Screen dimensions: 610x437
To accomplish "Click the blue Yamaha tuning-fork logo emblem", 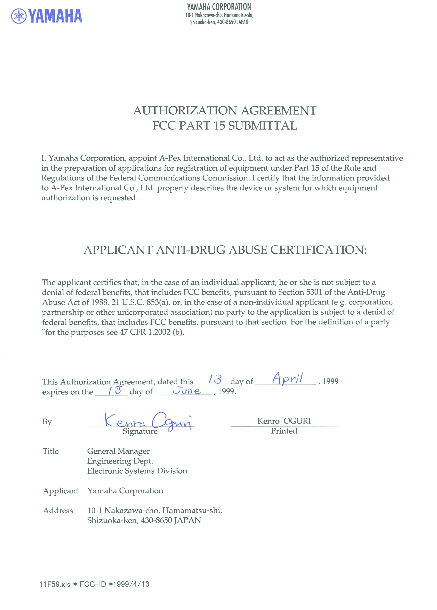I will tap(19, 16).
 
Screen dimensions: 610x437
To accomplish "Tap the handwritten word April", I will tap(287, 379).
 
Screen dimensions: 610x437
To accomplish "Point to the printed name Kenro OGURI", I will tap(284, 421).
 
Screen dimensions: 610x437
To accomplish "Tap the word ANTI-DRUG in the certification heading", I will tap(191, 250).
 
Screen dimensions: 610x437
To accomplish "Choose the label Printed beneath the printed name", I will tap(284, 431).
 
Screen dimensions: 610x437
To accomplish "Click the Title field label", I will tap(51, 451).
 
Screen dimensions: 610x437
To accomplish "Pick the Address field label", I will tap(58, 511).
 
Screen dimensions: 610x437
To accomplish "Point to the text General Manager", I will tap(118, 451).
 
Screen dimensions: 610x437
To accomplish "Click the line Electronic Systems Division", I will tap(137, 471).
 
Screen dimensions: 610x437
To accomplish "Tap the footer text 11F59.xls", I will tap(55, 584).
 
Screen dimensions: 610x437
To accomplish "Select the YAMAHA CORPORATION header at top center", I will tap(219, 7).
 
